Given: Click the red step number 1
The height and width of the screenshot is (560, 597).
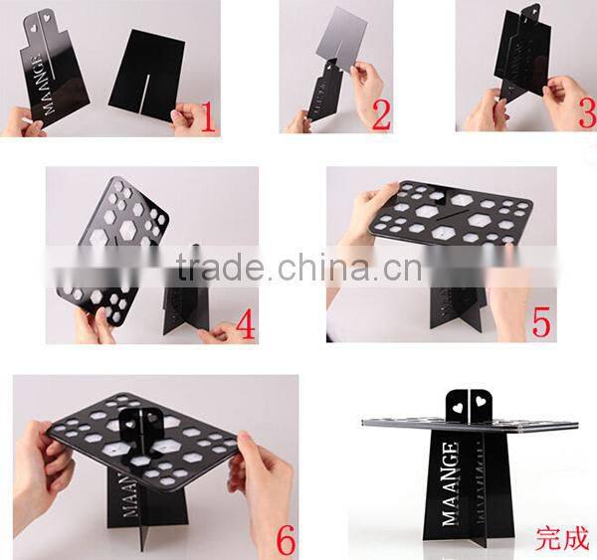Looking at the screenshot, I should [x=207, y=118].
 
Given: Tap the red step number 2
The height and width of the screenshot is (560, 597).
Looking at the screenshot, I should [x=380, y=116].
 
